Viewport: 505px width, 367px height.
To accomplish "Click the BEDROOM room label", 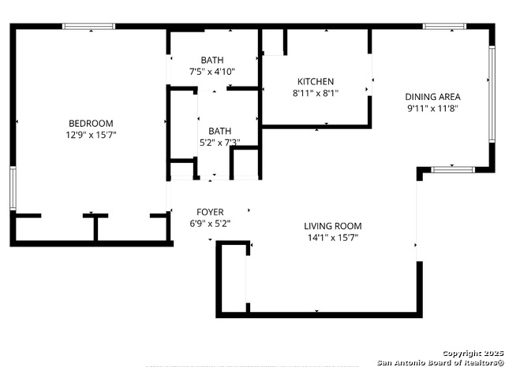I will coord(91,123).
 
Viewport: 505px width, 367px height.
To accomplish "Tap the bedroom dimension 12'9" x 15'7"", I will coord(91,135).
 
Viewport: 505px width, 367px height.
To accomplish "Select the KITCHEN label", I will coord(316,81).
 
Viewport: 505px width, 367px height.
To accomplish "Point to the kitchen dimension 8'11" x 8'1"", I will coord(316,93).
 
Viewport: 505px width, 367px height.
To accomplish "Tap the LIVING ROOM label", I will coord(332,226).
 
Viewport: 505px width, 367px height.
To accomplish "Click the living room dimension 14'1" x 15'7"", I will coord(332,237).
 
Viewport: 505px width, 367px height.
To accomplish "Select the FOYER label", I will coord(210,212).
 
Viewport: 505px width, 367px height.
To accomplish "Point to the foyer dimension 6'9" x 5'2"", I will coord(210,223).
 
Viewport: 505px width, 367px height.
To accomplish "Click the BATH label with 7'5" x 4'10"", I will coord(211,60).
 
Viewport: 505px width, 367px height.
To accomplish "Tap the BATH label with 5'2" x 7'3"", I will coord(219,131).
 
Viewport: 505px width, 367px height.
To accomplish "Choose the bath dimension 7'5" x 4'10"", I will coord(211,72).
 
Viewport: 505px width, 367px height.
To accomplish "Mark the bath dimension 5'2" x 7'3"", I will coord(219,143).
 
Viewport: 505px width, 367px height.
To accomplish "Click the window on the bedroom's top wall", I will coord(89,27).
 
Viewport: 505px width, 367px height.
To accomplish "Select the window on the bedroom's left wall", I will coord(13,189).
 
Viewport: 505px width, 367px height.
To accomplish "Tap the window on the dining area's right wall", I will coord(491,79).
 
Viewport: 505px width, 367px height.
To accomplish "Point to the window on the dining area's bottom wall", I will coord(452,169).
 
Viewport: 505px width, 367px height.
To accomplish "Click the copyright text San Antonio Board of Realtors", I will coord(440,361).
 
